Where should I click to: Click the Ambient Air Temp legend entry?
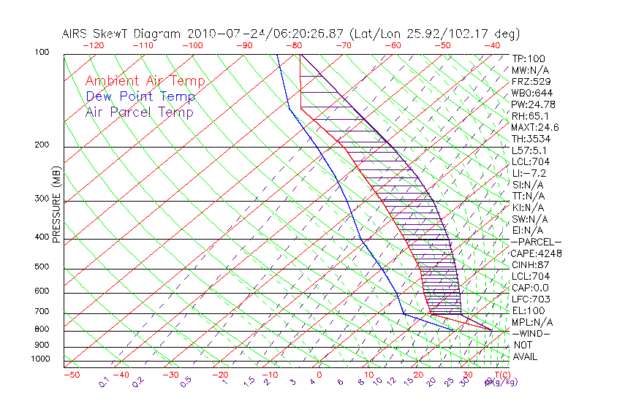145,82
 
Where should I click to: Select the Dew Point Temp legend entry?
140,97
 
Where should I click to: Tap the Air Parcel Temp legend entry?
140,112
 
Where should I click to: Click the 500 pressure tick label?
41,267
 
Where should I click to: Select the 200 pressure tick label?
41,145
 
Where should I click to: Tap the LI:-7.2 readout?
529,173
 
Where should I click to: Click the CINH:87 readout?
531,265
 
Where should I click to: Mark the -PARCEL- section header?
536,242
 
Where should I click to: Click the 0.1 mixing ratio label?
104,381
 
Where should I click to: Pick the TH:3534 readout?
531,139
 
